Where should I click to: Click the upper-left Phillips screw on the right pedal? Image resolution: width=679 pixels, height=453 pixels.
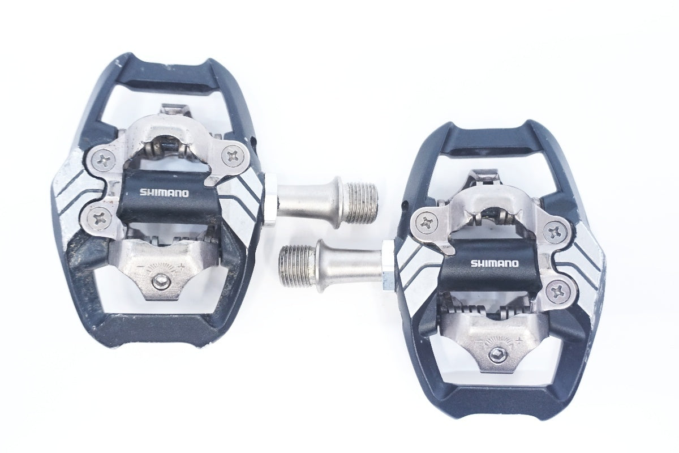tap(426, 224)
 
